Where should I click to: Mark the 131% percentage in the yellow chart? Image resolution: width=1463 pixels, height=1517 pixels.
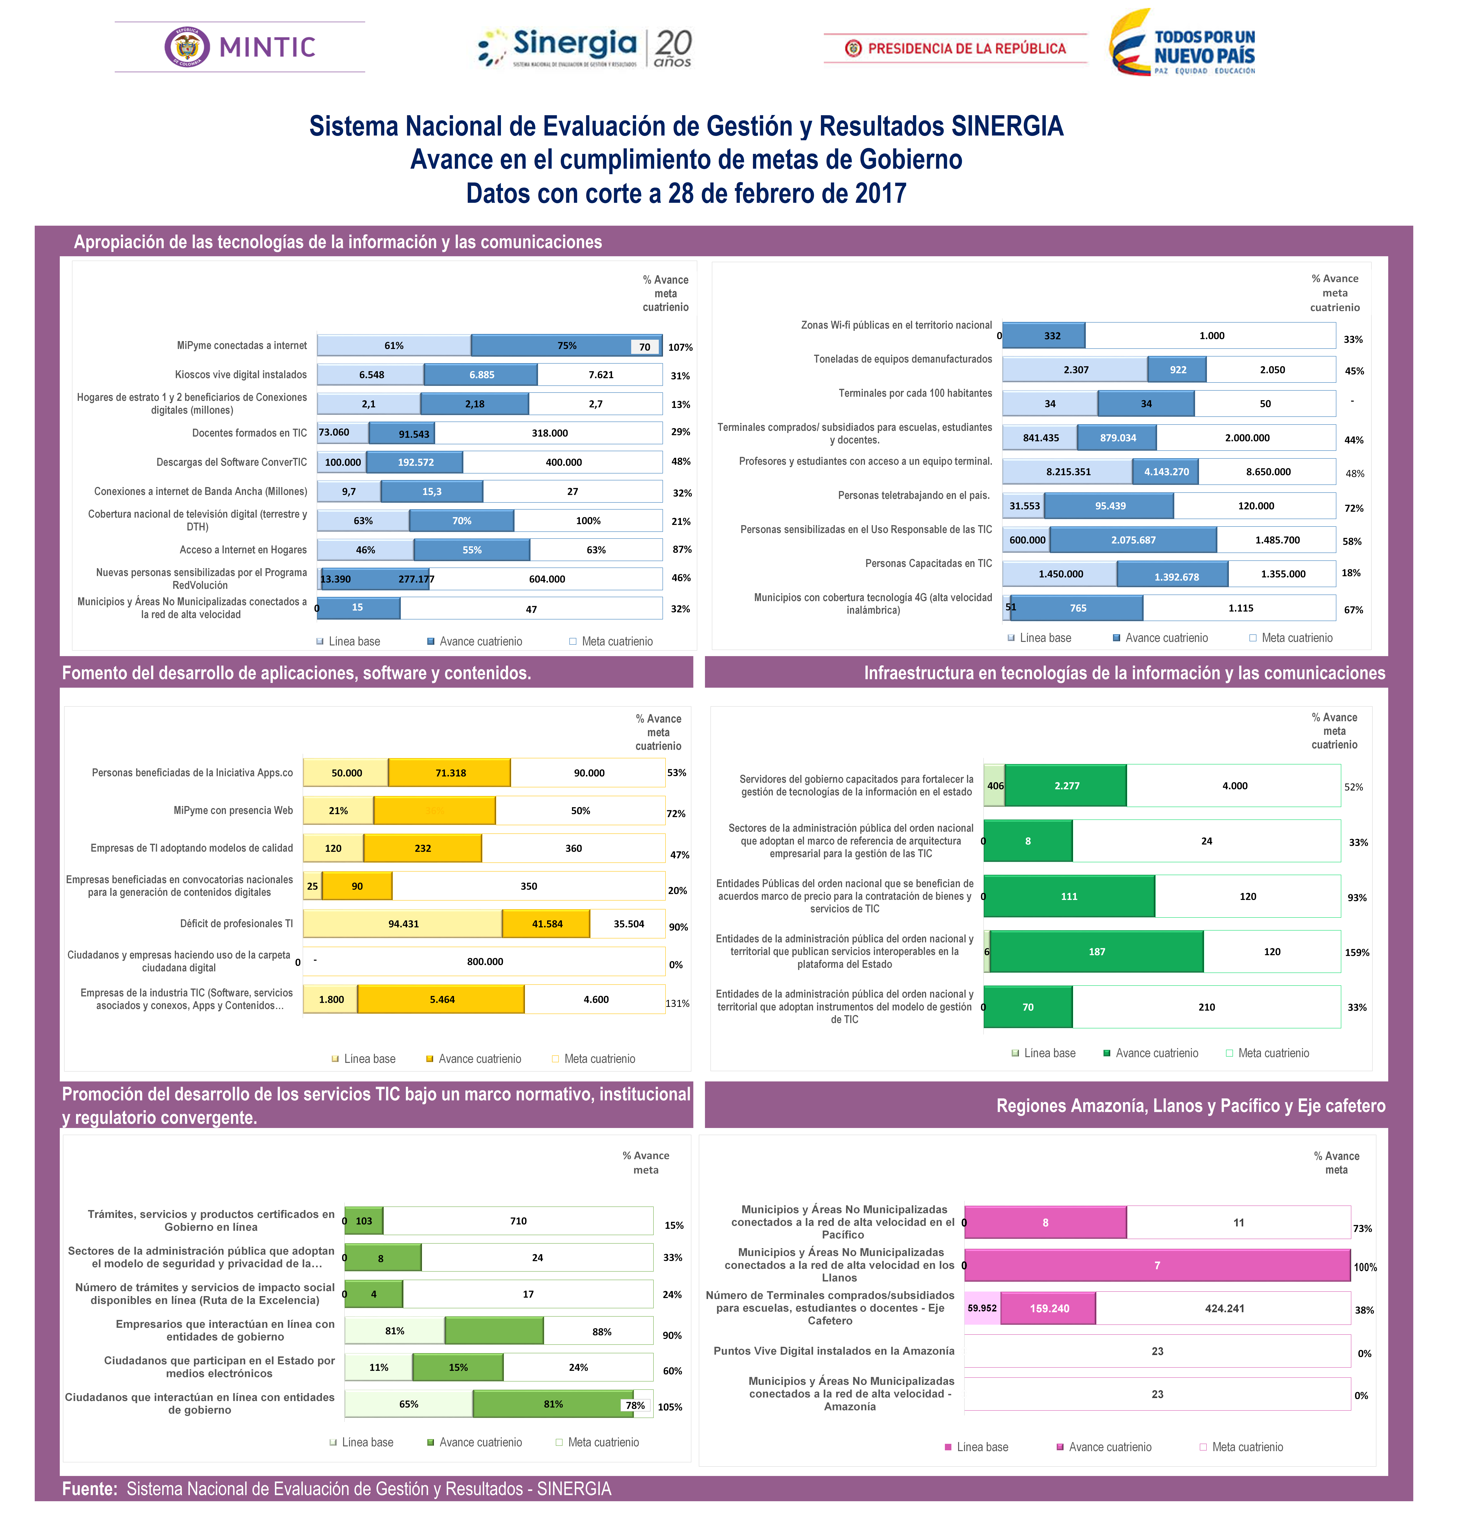(677, 1003)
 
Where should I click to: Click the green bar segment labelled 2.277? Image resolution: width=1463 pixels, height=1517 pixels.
(1066, 786)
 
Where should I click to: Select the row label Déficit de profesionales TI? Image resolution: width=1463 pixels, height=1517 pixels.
(236, 923)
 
